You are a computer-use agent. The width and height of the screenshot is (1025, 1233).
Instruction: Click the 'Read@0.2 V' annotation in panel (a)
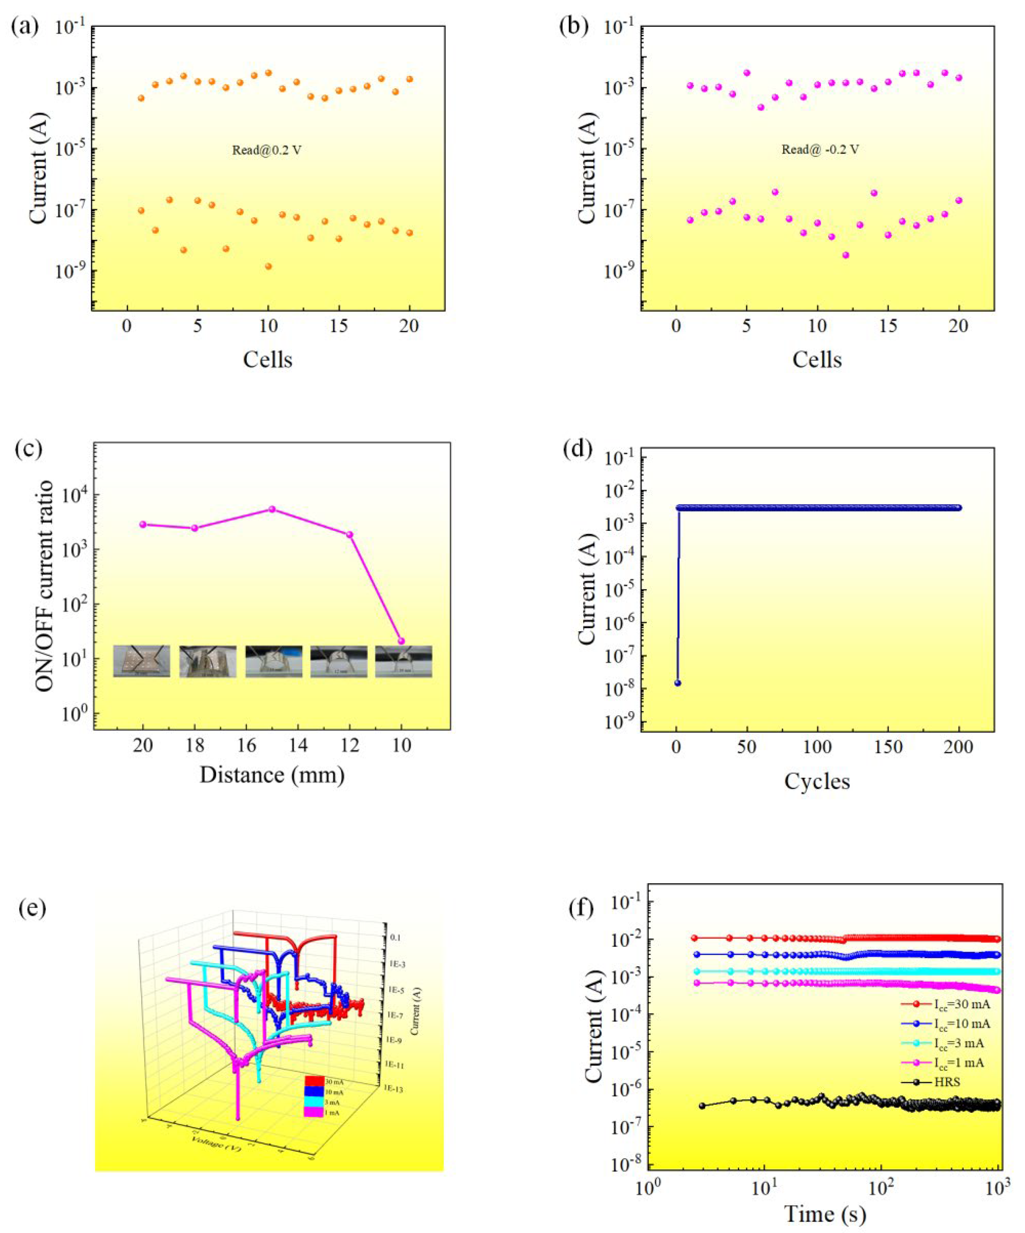pos(266,150)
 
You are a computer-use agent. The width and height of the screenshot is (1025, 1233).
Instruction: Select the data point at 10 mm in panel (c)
pos(402,641)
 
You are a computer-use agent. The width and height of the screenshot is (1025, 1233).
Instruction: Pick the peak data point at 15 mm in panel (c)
pos(272,509)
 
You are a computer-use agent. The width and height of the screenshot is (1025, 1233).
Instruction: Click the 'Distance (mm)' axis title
pos(272,775)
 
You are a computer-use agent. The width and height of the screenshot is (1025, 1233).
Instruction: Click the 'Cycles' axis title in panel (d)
pos(817,781)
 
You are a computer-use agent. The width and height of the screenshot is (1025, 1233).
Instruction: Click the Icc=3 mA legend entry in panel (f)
pos(958,1043)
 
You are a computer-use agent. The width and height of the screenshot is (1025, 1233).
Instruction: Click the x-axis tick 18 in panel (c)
pos(195,746)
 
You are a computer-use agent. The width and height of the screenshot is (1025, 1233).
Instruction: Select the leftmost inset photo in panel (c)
pos(142,661)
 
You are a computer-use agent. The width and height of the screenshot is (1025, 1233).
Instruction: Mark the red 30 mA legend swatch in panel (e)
pos(314,1081)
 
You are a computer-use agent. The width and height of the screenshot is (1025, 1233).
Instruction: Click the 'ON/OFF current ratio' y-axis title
pos(45,586)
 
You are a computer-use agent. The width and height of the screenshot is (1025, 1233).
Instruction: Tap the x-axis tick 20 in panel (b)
pos(958,326)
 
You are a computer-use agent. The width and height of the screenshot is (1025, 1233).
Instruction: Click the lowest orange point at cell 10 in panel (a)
pos(268,266)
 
